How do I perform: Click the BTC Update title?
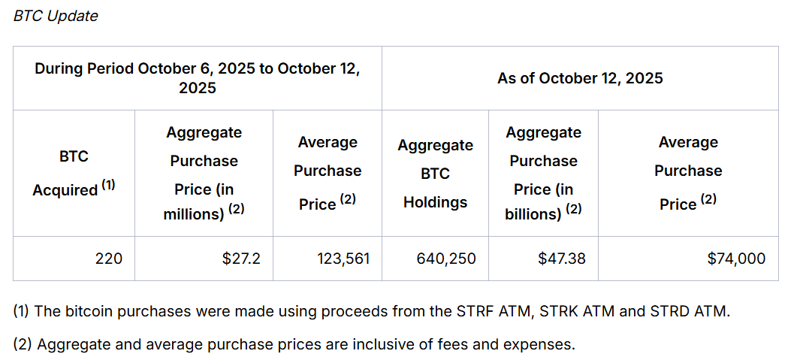pos(56,16)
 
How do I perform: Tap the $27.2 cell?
pos(241,259)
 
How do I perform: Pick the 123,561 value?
pos(344,259)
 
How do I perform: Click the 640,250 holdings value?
pos(446,259)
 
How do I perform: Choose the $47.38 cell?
pos(562,259)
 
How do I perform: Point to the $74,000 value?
pos(736,259)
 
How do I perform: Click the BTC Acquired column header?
pos(74,174)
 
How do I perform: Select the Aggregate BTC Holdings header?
pos(435,174)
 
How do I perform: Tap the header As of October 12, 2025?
pos(580,78)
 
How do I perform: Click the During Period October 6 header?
pos(198,78)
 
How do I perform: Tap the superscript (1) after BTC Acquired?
pos(108,185)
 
